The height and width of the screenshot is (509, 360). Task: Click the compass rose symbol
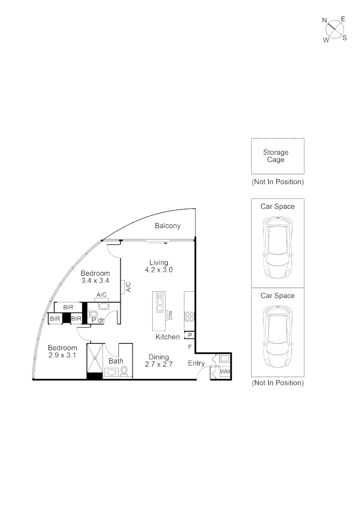click(x=335, y=29)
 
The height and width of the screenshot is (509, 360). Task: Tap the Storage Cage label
click(x=276, y=156)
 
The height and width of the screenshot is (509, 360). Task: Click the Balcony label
click(x=168, y=226)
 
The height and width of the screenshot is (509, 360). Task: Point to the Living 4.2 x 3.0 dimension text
click(x=159, y=270)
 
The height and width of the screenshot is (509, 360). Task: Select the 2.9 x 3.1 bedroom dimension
click(x=62, y=355)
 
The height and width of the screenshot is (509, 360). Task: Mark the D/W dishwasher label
click(x=171, y=315)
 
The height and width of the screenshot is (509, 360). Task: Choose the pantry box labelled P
click(x=189, y=335)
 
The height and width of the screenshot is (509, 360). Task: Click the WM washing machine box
click(x=225, y=372)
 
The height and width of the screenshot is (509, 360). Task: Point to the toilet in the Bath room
click(x=124, y=372)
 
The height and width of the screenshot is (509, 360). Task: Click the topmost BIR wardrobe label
click(x=68, y=307)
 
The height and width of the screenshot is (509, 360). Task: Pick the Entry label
click(x=196, y=363)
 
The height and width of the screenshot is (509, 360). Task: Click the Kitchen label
click(x=168, y=337)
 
